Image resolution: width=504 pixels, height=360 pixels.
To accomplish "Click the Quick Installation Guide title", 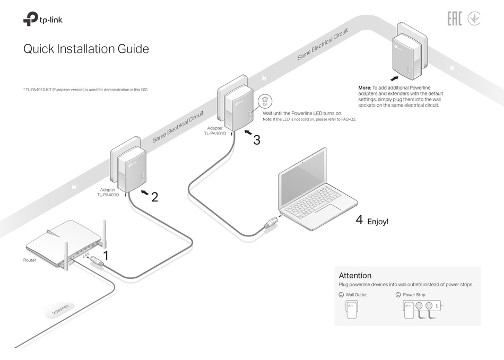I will point(86,49).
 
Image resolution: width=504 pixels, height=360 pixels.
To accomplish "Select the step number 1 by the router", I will point(105,256).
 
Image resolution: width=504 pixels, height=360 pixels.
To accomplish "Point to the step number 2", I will point(154,197).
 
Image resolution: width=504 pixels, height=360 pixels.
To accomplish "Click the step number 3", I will point(256,140).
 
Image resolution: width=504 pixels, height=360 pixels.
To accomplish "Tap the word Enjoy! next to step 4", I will point(378,221).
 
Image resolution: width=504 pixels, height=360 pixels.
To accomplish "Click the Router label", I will point(30,260).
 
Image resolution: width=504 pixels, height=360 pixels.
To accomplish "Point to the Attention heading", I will point(355,276).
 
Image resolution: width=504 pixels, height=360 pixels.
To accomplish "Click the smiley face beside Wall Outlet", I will point(341,295).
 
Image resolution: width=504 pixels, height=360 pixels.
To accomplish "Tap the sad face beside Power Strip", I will point(398,295).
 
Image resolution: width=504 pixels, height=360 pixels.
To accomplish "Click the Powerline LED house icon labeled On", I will point(265,102).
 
